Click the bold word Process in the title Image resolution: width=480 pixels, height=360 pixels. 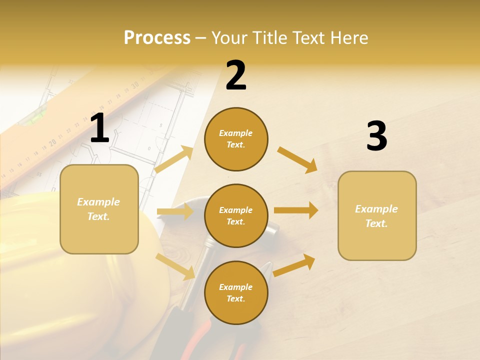pos(157,38)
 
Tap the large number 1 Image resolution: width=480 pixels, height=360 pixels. pos(99,128)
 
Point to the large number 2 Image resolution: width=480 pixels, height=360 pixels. pos(236,75)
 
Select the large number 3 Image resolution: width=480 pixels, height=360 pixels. pos(376,136)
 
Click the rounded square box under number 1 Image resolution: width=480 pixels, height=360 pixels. pos(99,209)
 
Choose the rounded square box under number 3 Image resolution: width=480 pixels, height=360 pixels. pos(377,216)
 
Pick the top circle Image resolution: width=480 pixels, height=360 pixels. pos(236,139)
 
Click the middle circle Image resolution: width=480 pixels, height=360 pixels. pos(236,216)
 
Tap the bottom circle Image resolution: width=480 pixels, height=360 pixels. pos(236,293)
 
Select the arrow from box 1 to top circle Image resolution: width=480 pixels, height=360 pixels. pos(174,159)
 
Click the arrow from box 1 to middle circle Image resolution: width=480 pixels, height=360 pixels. pos(175,212)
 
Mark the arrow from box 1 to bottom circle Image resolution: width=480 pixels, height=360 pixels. pos(175,266)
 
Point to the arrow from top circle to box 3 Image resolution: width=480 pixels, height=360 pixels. pos(297,159)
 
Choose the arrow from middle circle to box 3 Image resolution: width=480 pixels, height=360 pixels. pos(296,210)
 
